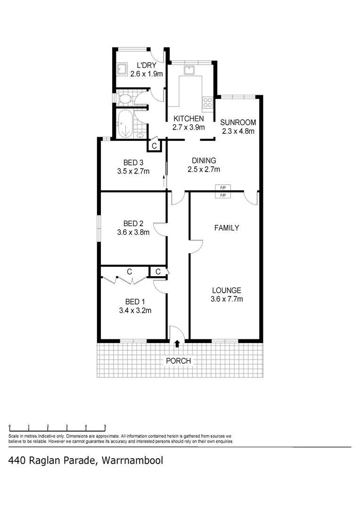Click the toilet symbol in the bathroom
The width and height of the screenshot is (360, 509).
point(124,99)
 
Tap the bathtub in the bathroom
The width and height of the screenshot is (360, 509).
point(126,124)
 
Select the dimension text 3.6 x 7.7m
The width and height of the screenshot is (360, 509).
point(226,299)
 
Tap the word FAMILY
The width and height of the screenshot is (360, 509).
point(227,228)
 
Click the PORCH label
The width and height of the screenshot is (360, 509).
point(178,361)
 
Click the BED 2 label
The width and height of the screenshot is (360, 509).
point(133,223)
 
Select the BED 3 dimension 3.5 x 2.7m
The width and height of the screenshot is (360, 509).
point(133,171)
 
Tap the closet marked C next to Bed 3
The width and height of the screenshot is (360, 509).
point(154,146)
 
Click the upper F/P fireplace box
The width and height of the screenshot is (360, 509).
point(223,188)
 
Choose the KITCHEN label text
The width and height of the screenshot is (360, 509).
point(188,119)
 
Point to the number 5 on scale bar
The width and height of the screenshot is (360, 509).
point(105,426)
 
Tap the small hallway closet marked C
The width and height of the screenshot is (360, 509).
point(158,271)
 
